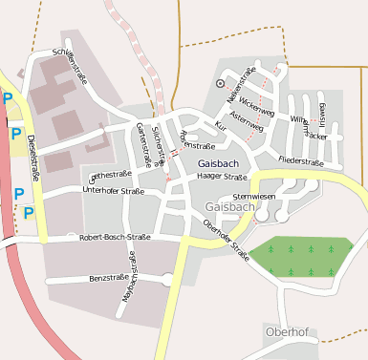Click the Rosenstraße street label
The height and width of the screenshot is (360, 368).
(x=197, y=139)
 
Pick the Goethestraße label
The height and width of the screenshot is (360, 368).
(x=110, y=175)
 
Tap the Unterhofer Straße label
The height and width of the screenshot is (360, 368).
(x=113, y=191)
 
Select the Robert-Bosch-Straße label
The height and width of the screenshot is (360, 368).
(x=117, y=236)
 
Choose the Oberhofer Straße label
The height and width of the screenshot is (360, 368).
(x=227, y=240)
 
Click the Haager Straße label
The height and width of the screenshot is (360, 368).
(x=222, y=177)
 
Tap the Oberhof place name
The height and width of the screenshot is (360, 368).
(x=289, y=331)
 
